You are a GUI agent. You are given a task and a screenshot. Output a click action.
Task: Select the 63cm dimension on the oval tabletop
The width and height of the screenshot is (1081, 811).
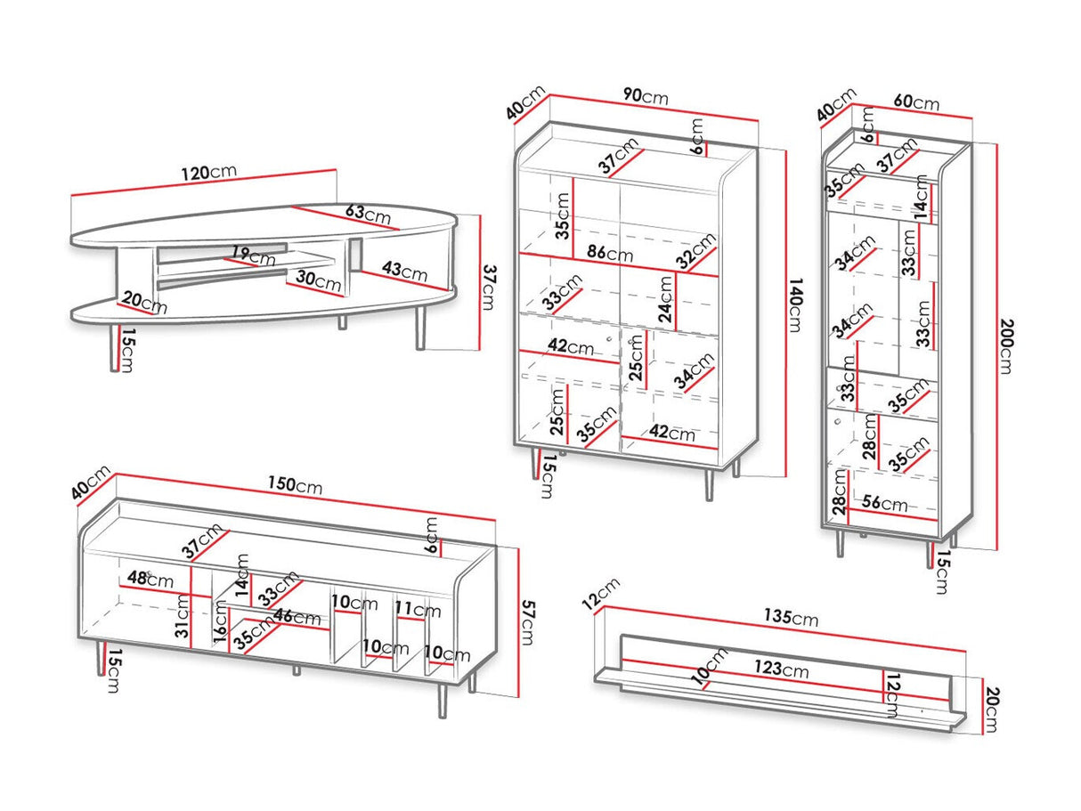tap(366, 215)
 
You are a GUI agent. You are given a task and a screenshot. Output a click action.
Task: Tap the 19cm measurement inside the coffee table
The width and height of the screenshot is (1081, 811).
tap(252, 256)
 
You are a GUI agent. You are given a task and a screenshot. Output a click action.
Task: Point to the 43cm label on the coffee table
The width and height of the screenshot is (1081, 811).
tap(403, 270)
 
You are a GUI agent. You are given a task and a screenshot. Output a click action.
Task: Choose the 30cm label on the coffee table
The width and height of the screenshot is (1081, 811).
tap(318, 281)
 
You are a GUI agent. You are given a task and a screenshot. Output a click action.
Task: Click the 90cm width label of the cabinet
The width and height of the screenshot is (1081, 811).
tap(645, 97)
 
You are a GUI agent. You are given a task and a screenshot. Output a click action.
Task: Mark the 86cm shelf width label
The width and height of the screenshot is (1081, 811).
tap(609, 253)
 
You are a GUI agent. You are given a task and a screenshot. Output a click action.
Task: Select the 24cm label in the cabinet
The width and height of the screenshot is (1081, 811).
tap(665, 298)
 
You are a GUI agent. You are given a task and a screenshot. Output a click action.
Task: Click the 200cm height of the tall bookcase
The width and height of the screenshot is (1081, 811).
tap(1006, 345)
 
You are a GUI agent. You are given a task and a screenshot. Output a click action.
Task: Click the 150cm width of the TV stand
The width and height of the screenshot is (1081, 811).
tap(297, 486)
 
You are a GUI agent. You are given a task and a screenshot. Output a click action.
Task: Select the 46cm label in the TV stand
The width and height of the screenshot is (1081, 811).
tap(297, 616)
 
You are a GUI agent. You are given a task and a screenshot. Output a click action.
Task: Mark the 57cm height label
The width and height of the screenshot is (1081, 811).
tap(527, 622)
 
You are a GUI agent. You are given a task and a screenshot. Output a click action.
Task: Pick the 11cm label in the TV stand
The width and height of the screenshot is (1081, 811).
tap(418, 611)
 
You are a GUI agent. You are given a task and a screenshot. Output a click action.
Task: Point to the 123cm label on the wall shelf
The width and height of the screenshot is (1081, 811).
tap(784, 669)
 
